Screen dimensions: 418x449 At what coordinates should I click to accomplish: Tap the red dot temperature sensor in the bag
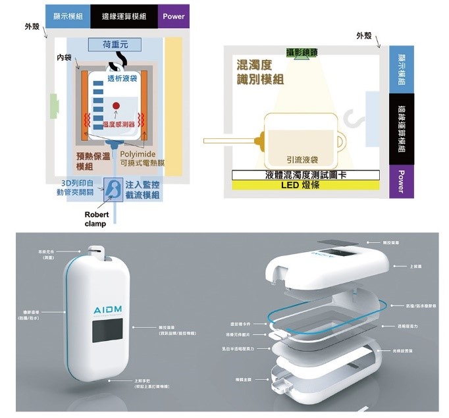point(116,105)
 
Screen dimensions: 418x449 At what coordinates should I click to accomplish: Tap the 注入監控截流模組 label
point(142,191)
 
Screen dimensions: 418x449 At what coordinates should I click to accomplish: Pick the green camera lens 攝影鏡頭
point(302,53)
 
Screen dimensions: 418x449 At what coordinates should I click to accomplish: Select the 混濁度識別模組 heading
point(260,72)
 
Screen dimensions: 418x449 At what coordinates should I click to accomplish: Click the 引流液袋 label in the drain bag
point(303,160)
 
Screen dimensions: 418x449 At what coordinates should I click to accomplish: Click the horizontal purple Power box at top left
point(173,16)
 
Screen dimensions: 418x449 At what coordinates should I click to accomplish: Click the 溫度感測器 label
point(119,124)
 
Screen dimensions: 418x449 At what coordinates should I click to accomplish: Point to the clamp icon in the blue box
point(113,190)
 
